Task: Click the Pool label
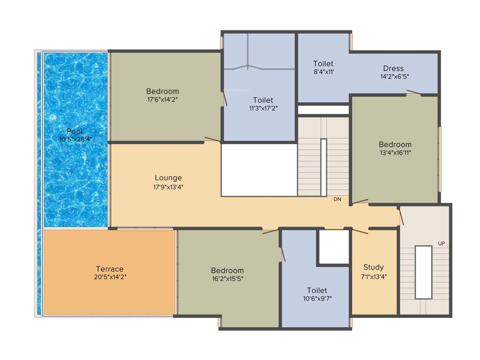pos(75,131)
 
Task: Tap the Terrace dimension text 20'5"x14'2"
pos(110,277)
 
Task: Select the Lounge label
pos(168,178)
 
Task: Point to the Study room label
pos(374,268)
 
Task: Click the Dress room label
pos(393,68)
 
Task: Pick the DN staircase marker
pos(337,199)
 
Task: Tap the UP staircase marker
pos(441,243)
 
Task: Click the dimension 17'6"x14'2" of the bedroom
pos(163,99)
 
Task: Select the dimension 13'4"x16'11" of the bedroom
pos(395,152)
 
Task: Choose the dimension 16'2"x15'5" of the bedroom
pos(227,278)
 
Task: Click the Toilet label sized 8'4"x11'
pos(323,64)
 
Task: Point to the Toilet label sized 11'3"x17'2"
pos(263,100)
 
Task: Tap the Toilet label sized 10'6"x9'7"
pos(317,291)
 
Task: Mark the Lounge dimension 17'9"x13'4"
pos(168,187)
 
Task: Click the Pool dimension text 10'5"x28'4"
pos(75,139)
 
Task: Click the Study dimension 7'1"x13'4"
pos(374,276)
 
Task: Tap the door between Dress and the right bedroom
pos(413,93)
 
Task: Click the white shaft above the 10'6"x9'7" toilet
pos(334,247)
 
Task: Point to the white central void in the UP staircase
pos(423,272)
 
